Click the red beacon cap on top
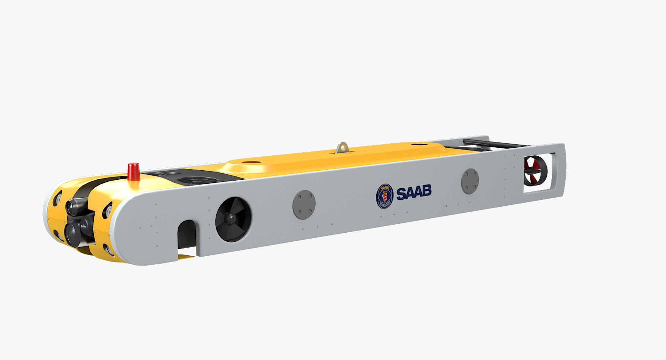(x=134, y=171)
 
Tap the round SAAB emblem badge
(x=385, y=196)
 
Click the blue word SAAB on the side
(x=414, y=192)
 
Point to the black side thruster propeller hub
(x=231, y=218)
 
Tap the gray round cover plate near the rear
(x=470, y=181)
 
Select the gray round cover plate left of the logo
(x=304, y=204)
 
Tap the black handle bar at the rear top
(x=493, y=143)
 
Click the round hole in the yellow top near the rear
(x=419, y=144)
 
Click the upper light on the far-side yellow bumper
(x=58, y=198)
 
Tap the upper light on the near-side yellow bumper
(x=108, y=210)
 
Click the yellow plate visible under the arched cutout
(x=186, y=257)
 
